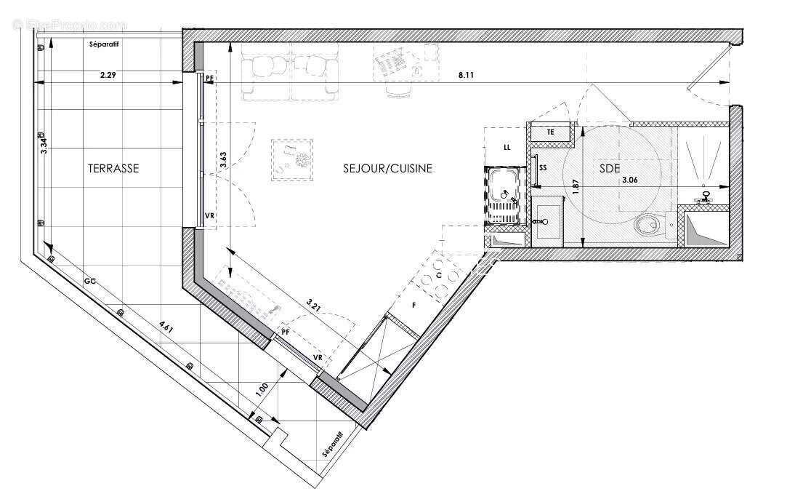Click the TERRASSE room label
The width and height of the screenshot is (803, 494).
tap(113, 168)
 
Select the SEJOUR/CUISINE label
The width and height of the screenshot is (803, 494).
tap(388, 168)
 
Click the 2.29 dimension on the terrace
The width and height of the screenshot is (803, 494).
tap(109, 74)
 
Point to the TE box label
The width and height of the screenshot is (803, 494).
tap(550, 132)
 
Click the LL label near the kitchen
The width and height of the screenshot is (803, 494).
tap(507, 148)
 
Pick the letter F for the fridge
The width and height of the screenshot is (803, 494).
tap(414, 306)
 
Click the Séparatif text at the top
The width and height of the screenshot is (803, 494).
tap(104, 45)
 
